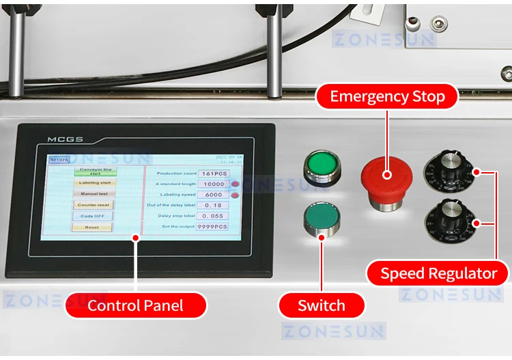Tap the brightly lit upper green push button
(x=317, y=165)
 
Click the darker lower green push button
(x=320, y=217)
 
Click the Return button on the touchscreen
(x=59, y=160)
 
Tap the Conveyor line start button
(x=95, y=171)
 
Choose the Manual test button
(x=94, y=193)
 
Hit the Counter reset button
(x=94, y=204)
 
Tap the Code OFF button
(x=94, y=216)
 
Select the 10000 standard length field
(x=214, y=184)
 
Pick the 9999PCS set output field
(x=212, y=226)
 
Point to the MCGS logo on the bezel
(x=65, y=139)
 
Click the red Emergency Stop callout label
(x=387, y=96)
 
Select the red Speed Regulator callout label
(x=438, y=274)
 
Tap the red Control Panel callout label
(x=135, y=305)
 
